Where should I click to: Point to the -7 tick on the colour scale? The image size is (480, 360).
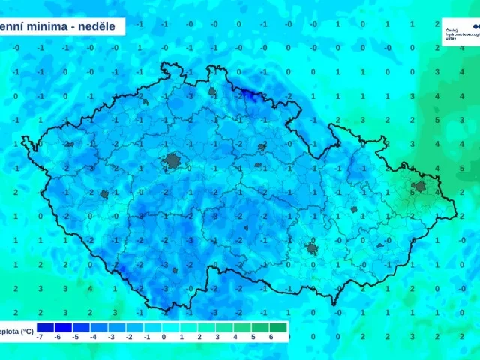click(x=38, y=337)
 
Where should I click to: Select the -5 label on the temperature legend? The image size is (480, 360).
click(x=75, y=337)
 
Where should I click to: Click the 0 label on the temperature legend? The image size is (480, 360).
click(x=163, y=337)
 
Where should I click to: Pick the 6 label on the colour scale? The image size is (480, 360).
click(x=271, y=337)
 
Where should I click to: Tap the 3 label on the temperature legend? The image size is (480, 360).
click(x=217, y=337)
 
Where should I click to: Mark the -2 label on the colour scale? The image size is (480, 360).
click(x=128, y=337)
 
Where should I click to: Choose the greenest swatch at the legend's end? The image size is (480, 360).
click(x=278, y=327)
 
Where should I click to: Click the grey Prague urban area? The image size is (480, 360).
click(x=174, y=160)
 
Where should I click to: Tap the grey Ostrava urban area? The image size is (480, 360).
click(x=419, y=186)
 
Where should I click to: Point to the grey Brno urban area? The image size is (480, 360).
click(x=312, y=247)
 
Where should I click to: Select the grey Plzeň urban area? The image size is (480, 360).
click(x=104, y=194)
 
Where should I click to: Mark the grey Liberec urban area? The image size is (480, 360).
click(x=212, y=93)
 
